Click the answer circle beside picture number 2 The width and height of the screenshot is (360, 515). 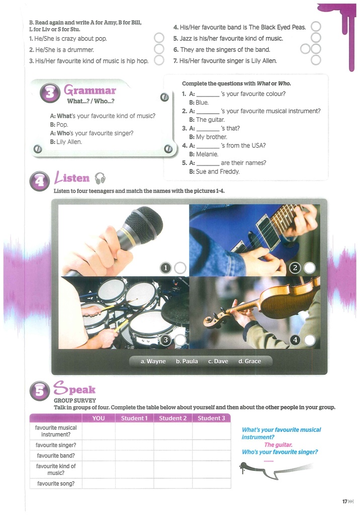(x=309, y=268)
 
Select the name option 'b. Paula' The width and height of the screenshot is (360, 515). (x=187, y=361)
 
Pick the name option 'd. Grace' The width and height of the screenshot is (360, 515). (x=249, y=361)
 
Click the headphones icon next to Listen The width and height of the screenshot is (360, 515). (x=100, y=179)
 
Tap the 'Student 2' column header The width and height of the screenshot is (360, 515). (x=173, y=418)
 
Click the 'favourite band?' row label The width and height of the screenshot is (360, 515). (x=56, y=456)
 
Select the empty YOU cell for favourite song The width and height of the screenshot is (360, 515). (x=99, y=483)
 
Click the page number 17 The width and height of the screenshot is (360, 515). (x=345, y=501)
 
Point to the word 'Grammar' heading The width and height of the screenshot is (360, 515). (x=89, y=90)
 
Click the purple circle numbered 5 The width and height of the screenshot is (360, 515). (x=39, y=391)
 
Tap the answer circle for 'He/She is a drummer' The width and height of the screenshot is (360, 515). (x=159, y=49)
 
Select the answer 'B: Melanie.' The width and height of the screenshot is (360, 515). (x=204, y=154)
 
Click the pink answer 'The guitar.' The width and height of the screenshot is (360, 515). (x=278, y=445)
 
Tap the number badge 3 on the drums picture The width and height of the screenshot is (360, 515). (x=165, y=340)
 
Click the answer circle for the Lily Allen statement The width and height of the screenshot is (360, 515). (x=316, y=60)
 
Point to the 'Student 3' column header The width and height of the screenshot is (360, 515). (x=211, y=418)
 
